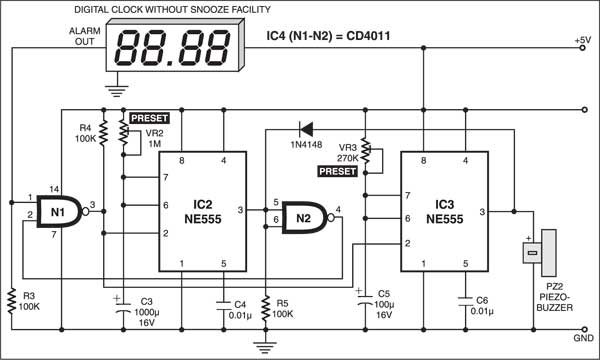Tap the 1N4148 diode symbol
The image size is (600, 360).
coord(307,129)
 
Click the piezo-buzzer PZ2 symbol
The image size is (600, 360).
coord(540,253)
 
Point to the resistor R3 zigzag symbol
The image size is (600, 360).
coord(12,301)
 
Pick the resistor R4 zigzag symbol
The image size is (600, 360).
coord(103,133)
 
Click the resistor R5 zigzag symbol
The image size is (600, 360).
coord(266,308)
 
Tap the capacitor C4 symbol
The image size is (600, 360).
coord(224,305)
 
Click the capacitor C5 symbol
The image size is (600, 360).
coord(365,298)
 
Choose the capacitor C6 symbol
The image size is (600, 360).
coord(465,300)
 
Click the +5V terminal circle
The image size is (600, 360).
coord(583,48)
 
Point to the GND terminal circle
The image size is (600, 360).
coord(584,329)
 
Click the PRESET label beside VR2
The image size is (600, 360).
coord(149,118)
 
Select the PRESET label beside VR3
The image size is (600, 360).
coord(338,171)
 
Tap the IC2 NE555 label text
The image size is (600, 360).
coord(203,212)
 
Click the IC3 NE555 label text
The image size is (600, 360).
coord(445,212)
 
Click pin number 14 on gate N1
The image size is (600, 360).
coord(54,189)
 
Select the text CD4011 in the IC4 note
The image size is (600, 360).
coord(368,36)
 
